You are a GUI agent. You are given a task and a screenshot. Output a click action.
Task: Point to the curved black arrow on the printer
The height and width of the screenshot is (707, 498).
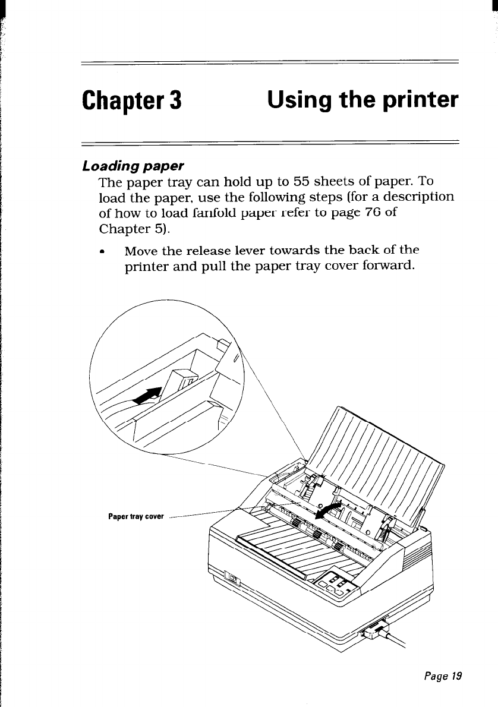pyautogui.click(x=332, y=505)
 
